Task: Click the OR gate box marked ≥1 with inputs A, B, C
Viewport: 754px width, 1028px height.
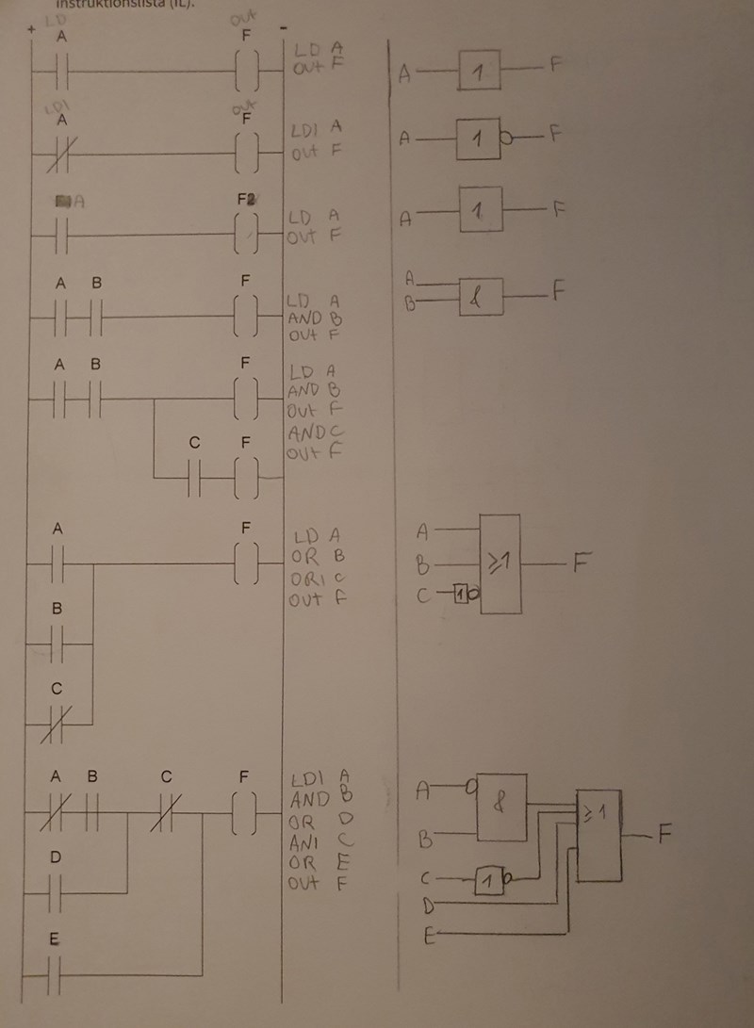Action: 500,563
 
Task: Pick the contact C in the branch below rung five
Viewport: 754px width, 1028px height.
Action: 195,479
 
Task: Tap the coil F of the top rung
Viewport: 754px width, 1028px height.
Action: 245,72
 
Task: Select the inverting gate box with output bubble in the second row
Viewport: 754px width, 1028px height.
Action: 481,139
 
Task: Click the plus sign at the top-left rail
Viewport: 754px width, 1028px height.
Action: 32,31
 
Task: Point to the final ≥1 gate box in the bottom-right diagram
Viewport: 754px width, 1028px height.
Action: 599,835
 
